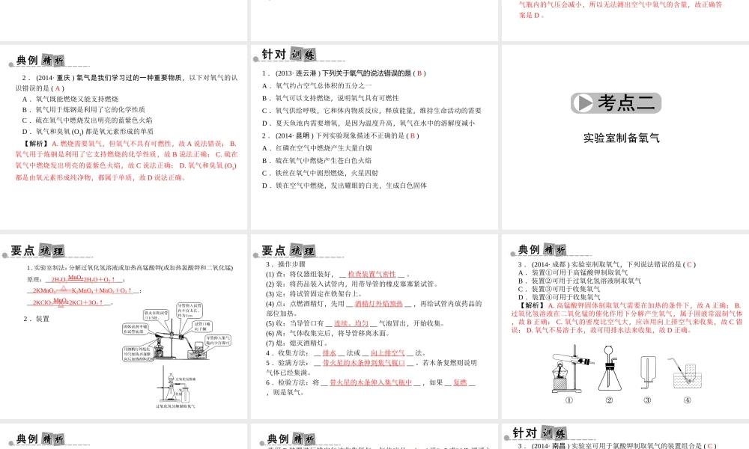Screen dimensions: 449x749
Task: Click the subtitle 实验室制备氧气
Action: tap(622, 138)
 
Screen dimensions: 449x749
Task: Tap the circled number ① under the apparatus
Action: tap(569, 400)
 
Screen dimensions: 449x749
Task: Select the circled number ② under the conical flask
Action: tap(609, 400)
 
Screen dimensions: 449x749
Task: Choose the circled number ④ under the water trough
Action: tap(687, 400)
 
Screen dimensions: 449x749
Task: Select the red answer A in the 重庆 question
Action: tap(58, 88)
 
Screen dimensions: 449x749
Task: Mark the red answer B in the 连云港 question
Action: tap(420, 73)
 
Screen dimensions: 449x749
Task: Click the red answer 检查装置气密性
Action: tap(372, 275)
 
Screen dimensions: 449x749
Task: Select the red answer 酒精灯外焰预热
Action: tap(378, 303)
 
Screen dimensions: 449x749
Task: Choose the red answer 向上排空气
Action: tap(387, 352)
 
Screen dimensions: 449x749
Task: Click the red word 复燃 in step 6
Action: tap(460, 382)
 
